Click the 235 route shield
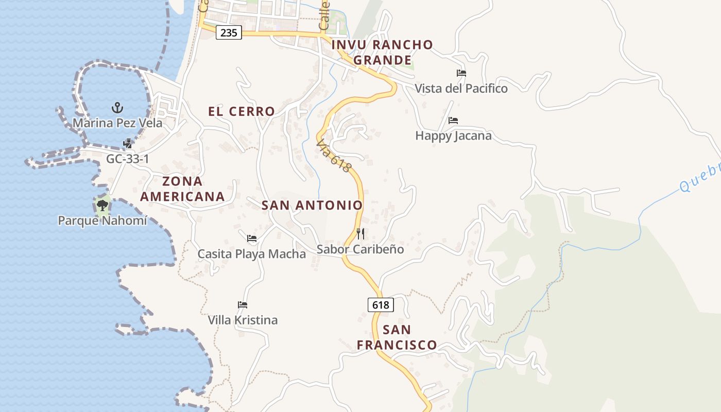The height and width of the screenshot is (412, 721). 229,32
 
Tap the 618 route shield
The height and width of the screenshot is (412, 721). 381,305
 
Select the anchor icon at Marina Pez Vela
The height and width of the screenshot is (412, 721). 117,108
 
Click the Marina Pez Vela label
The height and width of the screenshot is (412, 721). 117,123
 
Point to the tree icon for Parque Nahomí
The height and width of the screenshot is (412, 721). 102,206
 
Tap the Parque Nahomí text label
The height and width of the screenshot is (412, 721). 102,221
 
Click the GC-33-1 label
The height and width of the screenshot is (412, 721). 128,159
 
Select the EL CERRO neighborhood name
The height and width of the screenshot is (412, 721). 242,111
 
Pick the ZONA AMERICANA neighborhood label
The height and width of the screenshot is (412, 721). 182,189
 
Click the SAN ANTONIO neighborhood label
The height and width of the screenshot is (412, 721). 312,205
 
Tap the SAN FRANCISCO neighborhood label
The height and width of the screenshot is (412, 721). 397,337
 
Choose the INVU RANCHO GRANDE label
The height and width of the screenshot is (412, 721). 382,53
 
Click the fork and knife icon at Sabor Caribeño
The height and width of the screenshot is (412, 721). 360,234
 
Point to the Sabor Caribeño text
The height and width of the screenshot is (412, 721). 360,249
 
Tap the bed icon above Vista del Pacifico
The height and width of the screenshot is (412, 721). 461,73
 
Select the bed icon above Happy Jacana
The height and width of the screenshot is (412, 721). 453,121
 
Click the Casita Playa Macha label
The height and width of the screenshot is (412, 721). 252,254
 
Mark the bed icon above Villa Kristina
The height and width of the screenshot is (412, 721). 243,305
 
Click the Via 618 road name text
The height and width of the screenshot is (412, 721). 334,156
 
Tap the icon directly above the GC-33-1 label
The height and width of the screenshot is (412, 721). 128,144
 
